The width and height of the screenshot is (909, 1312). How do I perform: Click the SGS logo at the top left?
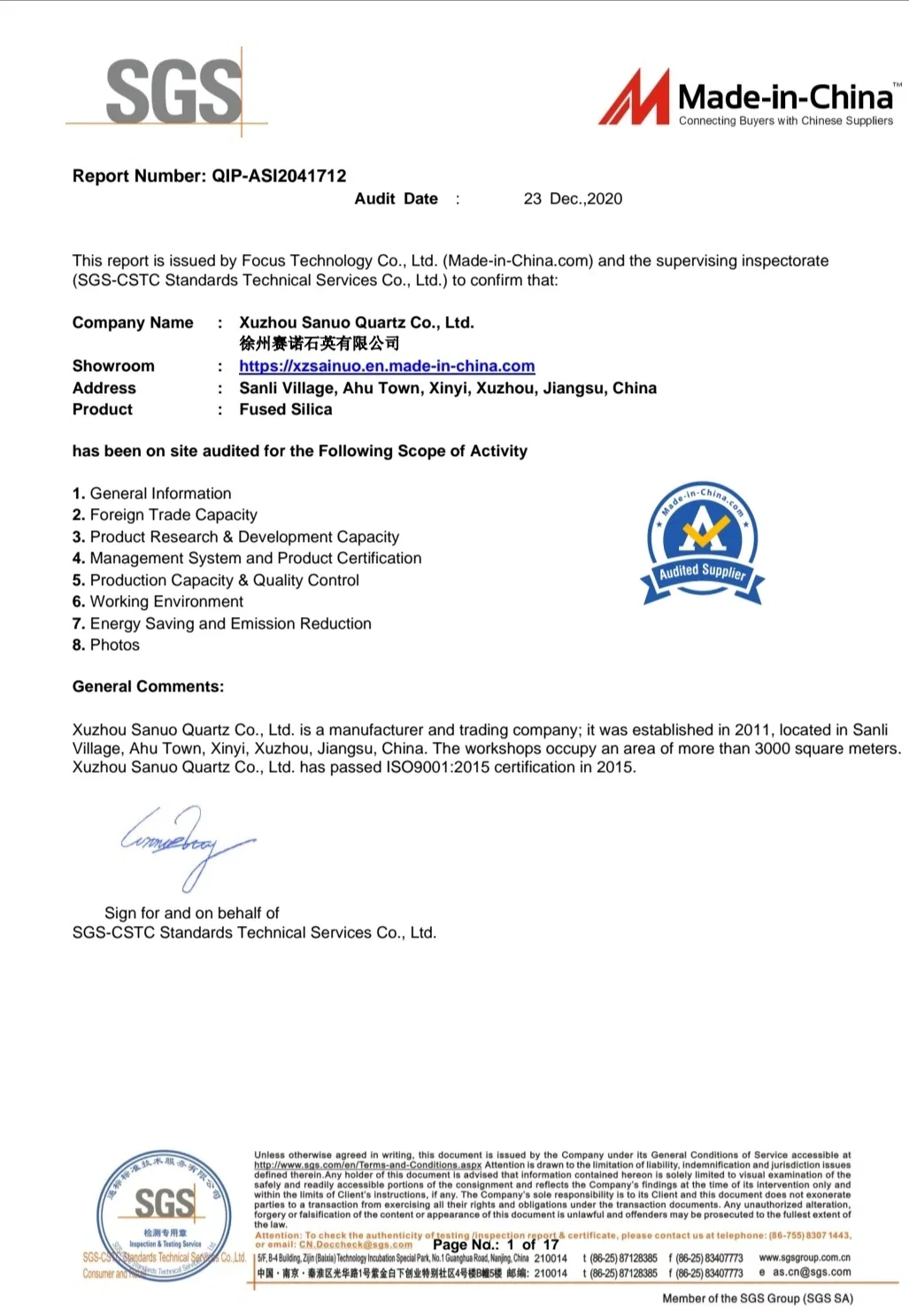point(173,92)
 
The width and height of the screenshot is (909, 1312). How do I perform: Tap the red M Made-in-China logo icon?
point(634,97)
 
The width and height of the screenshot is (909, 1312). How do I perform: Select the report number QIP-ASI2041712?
point(279,175)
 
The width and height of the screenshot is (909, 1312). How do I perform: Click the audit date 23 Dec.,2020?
point(573,198)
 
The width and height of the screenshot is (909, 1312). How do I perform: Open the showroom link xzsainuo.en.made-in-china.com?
point(387,366)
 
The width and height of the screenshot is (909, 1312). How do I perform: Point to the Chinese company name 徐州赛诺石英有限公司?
point(319,343)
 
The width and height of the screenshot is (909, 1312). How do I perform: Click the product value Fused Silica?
point(286,409)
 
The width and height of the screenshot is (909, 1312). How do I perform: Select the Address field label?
point(104,388)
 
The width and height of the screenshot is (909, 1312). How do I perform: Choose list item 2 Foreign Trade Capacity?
point(166,514)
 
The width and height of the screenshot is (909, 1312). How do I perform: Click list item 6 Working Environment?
point(158,601)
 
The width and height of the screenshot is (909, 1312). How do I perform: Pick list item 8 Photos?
point(106,644)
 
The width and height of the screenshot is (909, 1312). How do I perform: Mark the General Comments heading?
point(148,686)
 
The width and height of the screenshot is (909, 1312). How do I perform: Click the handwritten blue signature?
point(187,844)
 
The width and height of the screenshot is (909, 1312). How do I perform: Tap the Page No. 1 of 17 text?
point(496,1244)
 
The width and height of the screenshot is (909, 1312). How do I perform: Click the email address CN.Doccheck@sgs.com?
point(355,1244)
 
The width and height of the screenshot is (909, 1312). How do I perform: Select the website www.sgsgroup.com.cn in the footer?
point(805,1257)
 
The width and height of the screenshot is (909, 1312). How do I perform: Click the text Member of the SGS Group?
point(758,1298)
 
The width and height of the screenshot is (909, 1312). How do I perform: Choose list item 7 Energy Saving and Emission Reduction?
point(222,623)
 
